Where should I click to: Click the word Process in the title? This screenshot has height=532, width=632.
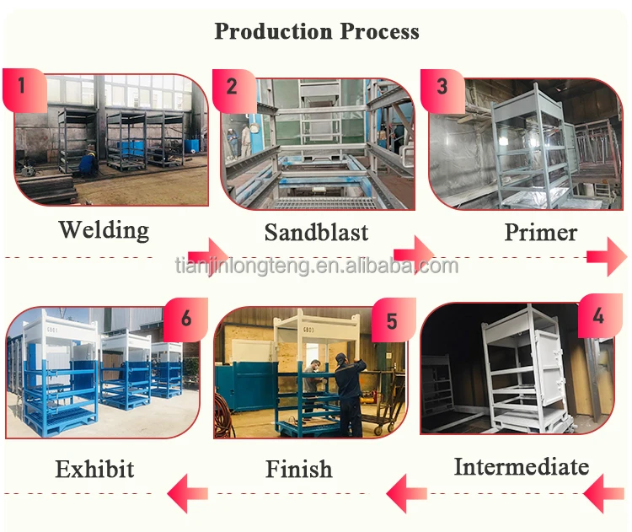pos(380,32)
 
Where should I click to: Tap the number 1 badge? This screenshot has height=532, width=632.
pos(22,85)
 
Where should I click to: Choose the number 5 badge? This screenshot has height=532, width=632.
pos(391,321)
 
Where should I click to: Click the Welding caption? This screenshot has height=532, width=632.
pos(104,229)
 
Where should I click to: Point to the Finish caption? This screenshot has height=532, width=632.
pos(299,469)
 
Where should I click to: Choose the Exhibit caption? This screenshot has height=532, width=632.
pos(94,469)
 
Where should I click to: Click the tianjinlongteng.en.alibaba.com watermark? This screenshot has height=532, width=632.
pos(316,267)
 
